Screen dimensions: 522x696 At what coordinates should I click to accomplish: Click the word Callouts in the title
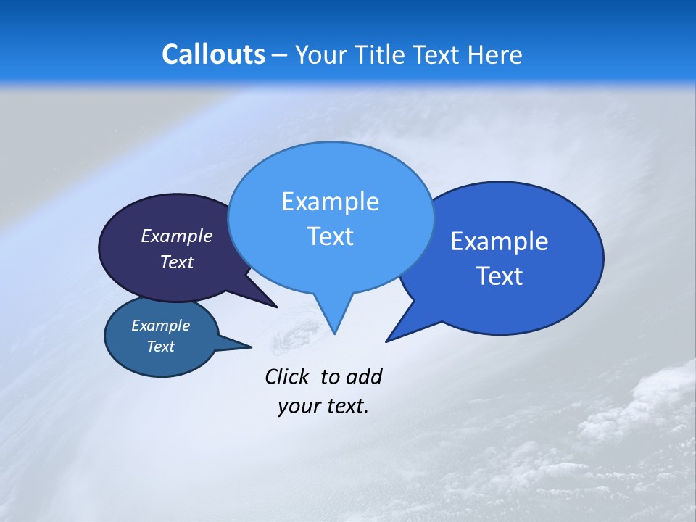click(x=213, y=55)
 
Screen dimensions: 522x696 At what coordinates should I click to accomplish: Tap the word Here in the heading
click(x=494, y=55)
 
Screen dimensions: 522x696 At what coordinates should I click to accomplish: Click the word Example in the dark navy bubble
click(x=176, y=236)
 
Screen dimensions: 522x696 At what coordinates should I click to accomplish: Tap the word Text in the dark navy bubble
click(x=176, y=262)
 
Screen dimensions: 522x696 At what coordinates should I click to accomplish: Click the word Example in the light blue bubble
click(x=330, y=202)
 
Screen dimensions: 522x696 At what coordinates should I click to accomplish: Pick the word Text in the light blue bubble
click(x=330, y=236)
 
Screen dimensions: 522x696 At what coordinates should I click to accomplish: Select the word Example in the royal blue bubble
click(x=500, y=241)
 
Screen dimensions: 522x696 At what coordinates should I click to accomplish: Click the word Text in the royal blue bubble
click(x=500, y=276)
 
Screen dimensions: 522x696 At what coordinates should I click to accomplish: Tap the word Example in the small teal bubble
click(x=160, y=326)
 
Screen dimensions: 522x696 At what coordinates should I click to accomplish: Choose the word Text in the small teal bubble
click(x=160, y=347)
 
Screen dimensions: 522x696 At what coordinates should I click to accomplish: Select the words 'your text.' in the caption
click(x=323, y=406)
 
